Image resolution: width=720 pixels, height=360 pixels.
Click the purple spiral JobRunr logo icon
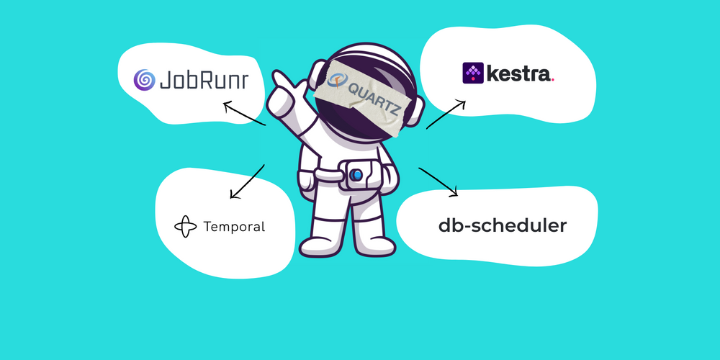point(144,79)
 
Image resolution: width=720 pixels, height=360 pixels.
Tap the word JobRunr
point(204,80)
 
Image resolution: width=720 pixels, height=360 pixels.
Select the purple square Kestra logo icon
point(473,73)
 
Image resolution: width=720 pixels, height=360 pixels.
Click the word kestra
point(518,73)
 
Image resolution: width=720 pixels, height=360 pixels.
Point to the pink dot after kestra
point(552,81)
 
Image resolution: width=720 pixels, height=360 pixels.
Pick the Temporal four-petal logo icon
point(186,226)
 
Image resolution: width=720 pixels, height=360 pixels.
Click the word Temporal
point(234,226)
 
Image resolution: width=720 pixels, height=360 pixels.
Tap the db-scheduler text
point(503,226)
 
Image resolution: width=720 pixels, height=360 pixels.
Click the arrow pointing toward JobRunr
point(245,114)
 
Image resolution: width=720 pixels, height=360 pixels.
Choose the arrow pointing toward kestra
point(446,114)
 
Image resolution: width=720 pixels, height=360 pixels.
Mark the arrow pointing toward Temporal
point(247,182)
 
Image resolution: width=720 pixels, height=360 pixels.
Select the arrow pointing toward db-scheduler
point(438,182)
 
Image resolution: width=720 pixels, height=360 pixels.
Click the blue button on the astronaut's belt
point(356,175)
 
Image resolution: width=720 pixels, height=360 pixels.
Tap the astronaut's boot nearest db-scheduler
point(376,246)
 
